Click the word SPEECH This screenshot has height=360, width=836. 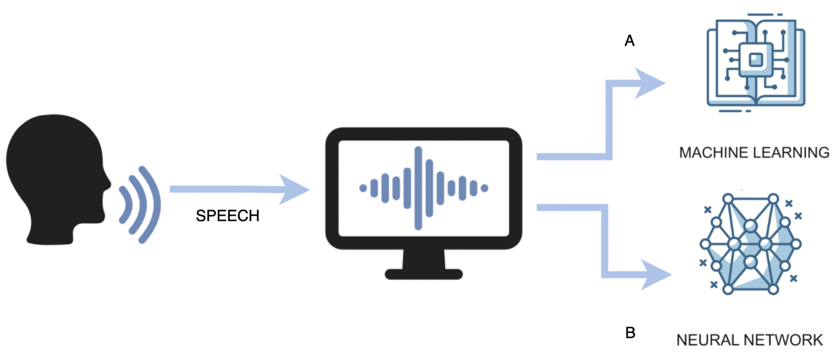click(227, 216)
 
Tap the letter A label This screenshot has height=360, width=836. click(629, 41)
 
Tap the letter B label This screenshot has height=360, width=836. click(630, 333)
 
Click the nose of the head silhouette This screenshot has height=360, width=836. click(108, 183)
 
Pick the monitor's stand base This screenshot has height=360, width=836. click(424, 274)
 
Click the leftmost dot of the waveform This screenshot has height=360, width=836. click(363, 188)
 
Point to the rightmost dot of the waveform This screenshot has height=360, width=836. click(484, 188)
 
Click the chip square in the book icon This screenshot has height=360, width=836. click(756, 60)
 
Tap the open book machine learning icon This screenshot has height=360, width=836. click(756, 62)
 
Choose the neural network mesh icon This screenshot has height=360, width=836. click(750, 244)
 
